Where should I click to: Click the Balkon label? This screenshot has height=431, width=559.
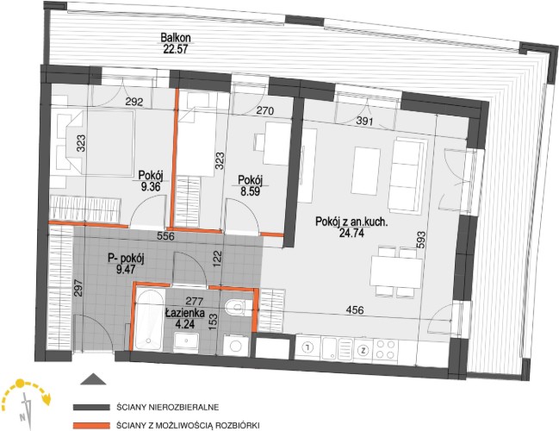point(176,37)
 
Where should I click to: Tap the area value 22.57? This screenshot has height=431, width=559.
point(176,49)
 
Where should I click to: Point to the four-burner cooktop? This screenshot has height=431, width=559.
point(385,349)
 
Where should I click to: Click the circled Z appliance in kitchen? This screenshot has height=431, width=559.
point(363,350)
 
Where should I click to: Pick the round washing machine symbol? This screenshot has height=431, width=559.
point(235,346)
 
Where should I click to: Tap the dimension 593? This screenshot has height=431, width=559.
point(421,240)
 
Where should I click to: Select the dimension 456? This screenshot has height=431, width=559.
point(355,310)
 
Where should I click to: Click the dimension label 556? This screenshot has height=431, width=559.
point(165,236)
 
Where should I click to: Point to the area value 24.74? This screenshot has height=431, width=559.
point(351,234)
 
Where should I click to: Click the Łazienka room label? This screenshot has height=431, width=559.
point(185,313)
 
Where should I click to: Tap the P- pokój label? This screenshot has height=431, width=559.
point(126,259)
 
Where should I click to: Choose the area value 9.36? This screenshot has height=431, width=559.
point(151,186)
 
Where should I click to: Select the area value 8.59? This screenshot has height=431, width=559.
point(250,191)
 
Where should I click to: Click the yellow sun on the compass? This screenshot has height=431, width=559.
point(20,384)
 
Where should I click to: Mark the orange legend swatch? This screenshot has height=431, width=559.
point(91,426)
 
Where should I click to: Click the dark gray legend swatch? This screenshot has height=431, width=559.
point(91,407)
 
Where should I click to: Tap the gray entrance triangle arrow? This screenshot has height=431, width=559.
point(93,379)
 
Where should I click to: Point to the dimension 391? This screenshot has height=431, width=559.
point(365,122)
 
